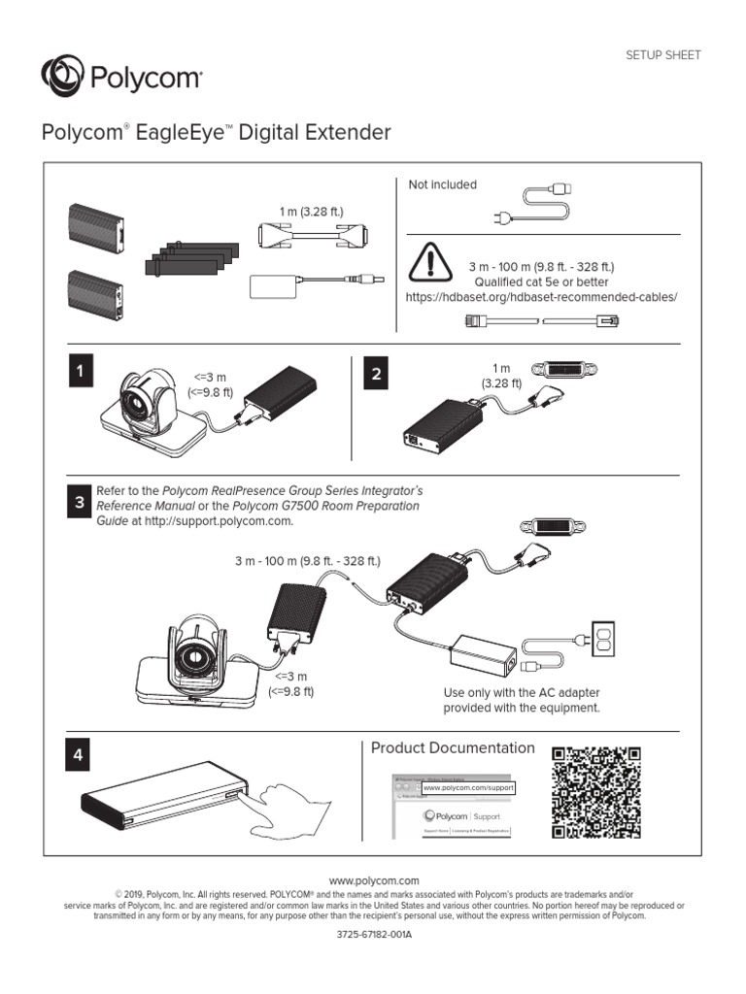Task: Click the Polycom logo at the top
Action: click(120, 77)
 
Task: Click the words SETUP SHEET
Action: click(662, 55)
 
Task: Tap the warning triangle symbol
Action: click(430, 261)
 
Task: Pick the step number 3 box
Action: click(80, 503)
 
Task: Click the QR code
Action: click(595, 793)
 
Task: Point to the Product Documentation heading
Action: click(453, 747)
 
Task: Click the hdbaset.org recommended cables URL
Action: click(541, 296)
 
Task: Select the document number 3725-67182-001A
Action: click(374, 935)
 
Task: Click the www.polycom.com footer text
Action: click(374, 879)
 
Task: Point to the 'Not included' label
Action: click(442, 185)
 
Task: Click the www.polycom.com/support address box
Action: click(467, 788)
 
